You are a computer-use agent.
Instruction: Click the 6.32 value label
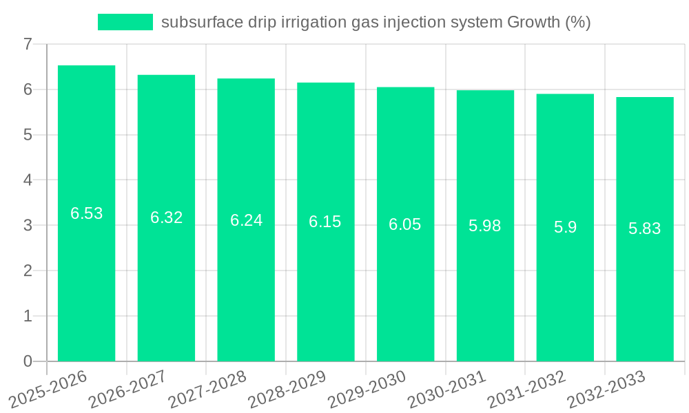tap(166, 218)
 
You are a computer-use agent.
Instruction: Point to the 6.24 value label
tap(246, 220)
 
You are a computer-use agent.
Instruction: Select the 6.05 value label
tap(405, 224)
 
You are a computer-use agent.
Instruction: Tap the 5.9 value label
tap(565, 227)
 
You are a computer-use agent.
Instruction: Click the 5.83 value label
tap(645, 229)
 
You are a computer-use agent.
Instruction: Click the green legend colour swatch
tap(125, 22)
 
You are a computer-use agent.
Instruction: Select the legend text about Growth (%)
tap(376, 22)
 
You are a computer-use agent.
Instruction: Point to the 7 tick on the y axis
tap(28, 44)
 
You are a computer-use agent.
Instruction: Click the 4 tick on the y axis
tap(28, 180)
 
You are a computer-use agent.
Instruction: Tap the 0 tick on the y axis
tap(28, 361)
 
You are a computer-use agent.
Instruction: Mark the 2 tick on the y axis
tap(28, 271)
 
